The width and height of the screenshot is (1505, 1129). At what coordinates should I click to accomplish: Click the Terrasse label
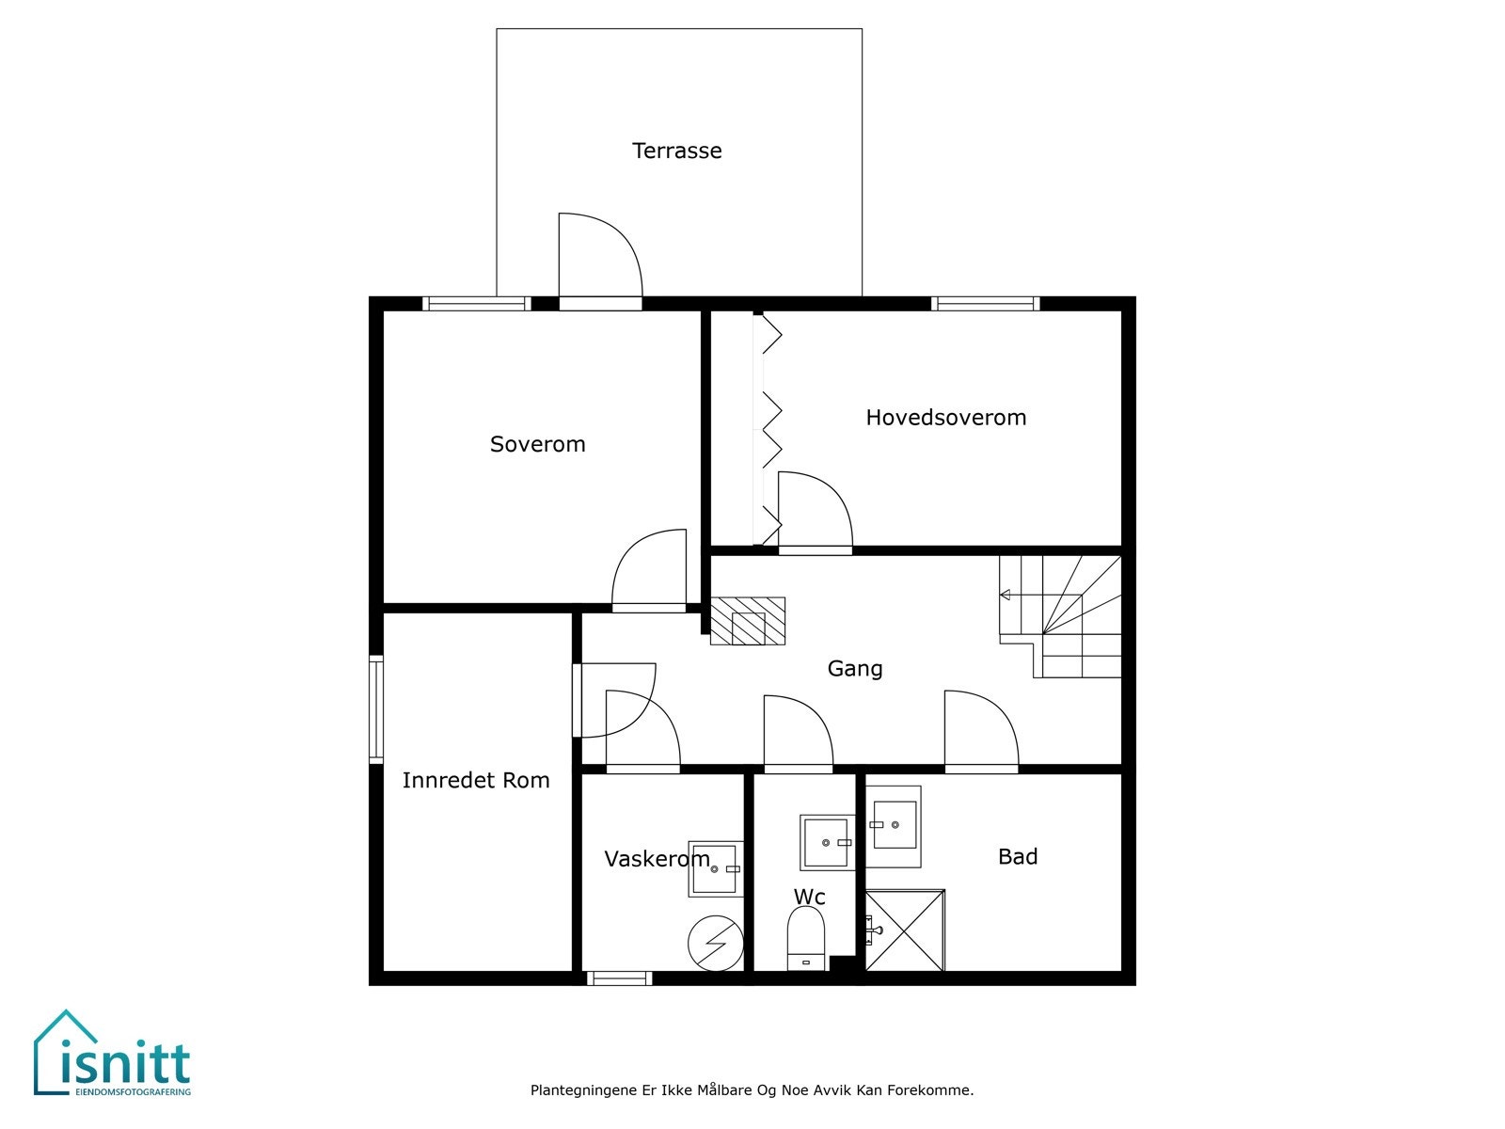[x=676, y=151]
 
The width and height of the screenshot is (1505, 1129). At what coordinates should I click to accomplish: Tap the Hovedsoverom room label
[x=945, y=418]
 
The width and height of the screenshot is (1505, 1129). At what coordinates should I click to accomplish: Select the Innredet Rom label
[x=476, y=780]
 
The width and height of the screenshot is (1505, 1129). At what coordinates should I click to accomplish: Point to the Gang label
[x=855, y=668]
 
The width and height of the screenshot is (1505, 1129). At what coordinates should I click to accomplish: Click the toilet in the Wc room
[x=805, y=938]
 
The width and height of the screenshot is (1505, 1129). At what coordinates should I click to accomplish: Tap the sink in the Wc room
[x=827, y=842]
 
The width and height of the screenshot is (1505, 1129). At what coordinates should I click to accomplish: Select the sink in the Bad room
[x=893, y=826]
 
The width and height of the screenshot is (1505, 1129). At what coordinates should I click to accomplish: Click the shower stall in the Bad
[x=905, y=930]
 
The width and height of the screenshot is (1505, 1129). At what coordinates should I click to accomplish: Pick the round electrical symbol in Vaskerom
[x=715, y=944]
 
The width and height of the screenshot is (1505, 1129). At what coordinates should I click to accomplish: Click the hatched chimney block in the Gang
[x=748, y=621]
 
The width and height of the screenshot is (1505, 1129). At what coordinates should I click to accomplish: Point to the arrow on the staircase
[x=1006, y=595]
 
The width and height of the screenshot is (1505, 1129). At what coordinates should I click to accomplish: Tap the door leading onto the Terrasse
[x=600, y=262]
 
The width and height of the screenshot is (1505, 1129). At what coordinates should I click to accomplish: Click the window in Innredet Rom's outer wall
[x=375, y=709]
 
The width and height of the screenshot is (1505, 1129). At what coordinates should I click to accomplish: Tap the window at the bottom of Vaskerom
[x=619, y=978]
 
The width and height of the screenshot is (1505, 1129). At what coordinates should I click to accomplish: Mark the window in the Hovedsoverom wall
[x=985, y=304]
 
